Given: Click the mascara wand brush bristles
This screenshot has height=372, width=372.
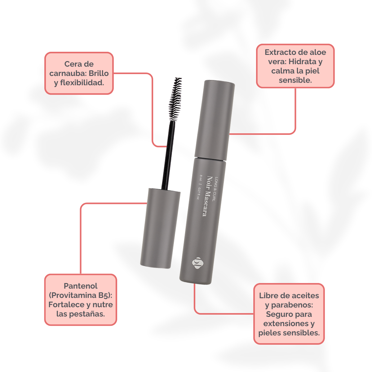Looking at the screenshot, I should tap(175, 99).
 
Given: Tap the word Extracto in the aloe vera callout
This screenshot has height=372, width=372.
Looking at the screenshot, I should tap(280, 52).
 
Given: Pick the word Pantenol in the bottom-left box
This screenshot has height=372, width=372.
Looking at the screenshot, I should tap(81, 286).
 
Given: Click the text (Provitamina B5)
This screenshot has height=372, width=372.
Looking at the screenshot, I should tap(81, 295).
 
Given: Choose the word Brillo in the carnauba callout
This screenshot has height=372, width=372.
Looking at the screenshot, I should tap(99, 73).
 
